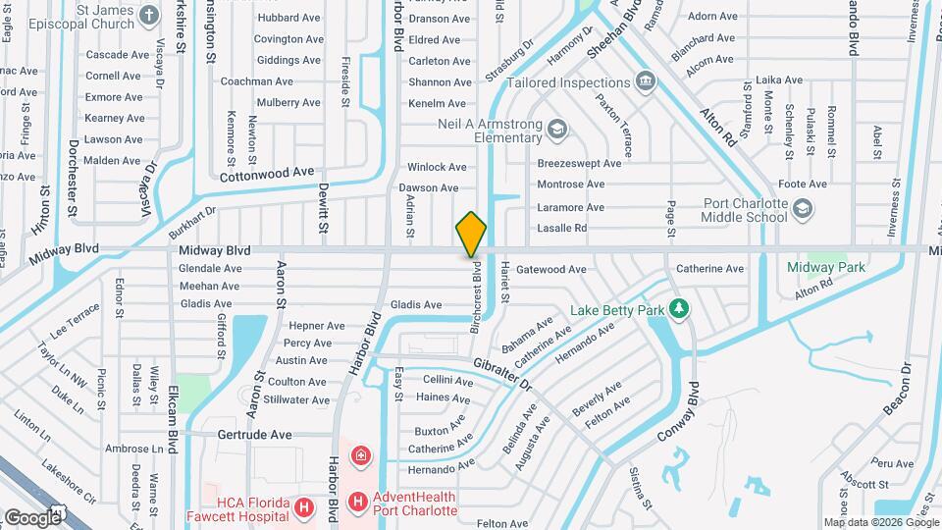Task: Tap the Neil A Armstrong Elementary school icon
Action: coord(556,129)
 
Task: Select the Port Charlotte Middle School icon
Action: coord(803,209)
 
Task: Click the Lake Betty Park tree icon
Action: coord(678,310)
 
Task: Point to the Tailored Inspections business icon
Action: coord(645,80)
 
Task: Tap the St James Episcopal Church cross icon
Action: coord(148,15)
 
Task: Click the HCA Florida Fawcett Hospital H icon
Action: coord(304,507)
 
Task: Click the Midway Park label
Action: coord(825,267)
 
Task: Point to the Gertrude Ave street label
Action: coord(254,434)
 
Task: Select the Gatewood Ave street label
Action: coord(550,269)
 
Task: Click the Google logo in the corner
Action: coord(31,517)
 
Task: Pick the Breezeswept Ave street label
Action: coord(579,163)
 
